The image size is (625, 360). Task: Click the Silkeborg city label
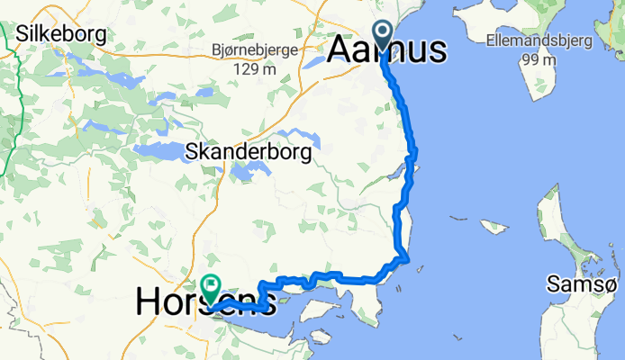tap(61, 35)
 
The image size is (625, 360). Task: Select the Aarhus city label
tap(387, 50)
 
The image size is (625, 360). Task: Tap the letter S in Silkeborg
tap(24, 35)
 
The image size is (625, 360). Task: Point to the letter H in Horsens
tap(148, 301)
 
